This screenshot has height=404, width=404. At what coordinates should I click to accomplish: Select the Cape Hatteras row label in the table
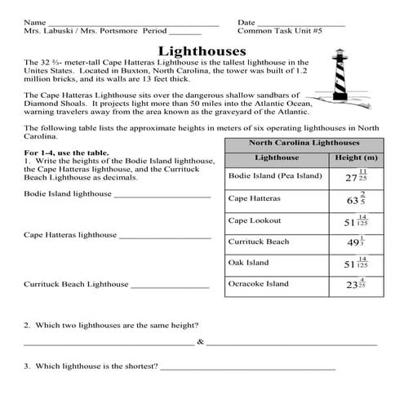tap(255, 198)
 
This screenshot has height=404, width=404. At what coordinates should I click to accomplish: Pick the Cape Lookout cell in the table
tap(254, 220)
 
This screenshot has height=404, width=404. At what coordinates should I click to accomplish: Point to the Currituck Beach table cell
tap(259, 242)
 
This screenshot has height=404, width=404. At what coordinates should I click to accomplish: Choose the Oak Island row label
tap(248, 263)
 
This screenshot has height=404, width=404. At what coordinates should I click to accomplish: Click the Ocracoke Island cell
tap(259, 284)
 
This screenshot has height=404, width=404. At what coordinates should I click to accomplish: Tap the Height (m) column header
tap(357, 157)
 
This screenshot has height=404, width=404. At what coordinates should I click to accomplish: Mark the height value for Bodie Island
tap(356, 176)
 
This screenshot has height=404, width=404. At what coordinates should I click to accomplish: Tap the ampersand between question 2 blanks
tap(200, 342)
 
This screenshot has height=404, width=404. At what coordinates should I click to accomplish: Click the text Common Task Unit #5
tap(281, 31)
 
